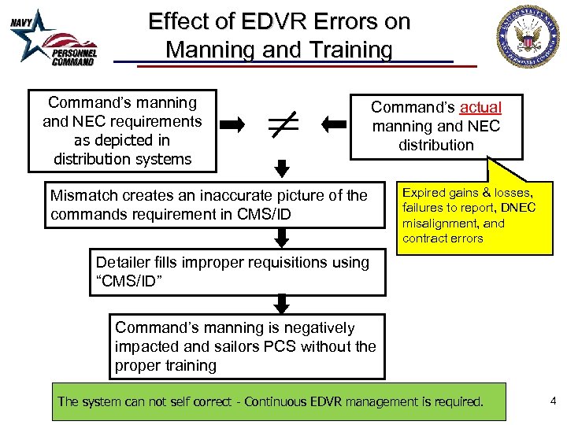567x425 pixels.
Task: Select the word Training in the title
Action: tap(346, 50)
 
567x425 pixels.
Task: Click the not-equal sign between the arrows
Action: tap(281, 124)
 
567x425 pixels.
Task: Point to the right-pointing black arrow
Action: tap(232, 124)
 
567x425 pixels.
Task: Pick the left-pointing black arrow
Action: tap(334, 124)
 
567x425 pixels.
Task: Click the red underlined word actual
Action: tap(480, 107)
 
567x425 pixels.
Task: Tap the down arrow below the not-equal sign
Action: tap(282, 168)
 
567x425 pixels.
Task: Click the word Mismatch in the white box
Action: tap(82, 195)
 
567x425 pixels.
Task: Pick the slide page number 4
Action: tap(553, 401)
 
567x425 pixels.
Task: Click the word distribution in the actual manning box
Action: tap(436, 145)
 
